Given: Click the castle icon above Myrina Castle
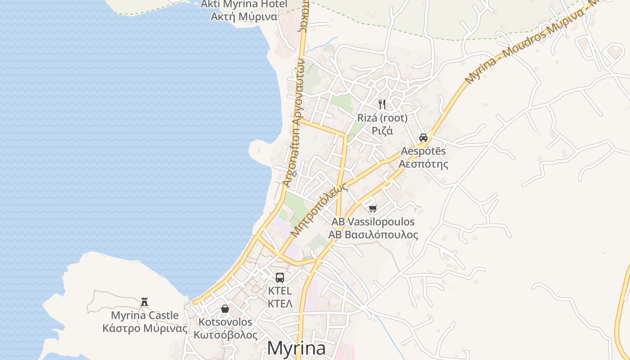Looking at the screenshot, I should point(144,301).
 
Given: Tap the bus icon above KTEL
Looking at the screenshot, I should point(280,277).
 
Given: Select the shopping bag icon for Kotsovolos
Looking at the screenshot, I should point(225,309).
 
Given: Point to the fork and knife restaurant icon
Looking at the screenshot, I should point(382,104).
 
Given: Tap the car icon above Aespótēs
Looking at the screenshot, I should point(423,137).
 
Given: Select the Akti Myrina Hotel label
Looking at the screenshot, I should point(244,4).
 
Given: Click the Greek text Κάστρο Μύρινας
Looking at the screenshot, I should point(145,328).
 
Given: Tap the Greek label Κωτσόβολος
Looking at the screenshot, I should point(225,335).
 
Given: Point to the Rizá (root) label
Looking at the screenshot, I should point(382,118).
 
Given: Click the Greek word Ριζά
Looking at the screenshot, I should point(382,130).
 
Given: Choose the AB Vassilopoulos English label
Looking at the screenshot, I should point(373,222).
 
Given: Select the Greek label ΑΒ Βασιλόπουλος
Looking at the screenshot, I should point(373,234).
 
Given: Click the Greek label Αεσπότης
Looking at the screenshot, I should point(423,163).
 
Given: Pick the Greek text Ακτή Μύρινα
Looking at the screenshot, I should point(244,17).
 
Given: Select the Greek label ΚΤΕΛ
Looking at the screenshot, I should point(280,303).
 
